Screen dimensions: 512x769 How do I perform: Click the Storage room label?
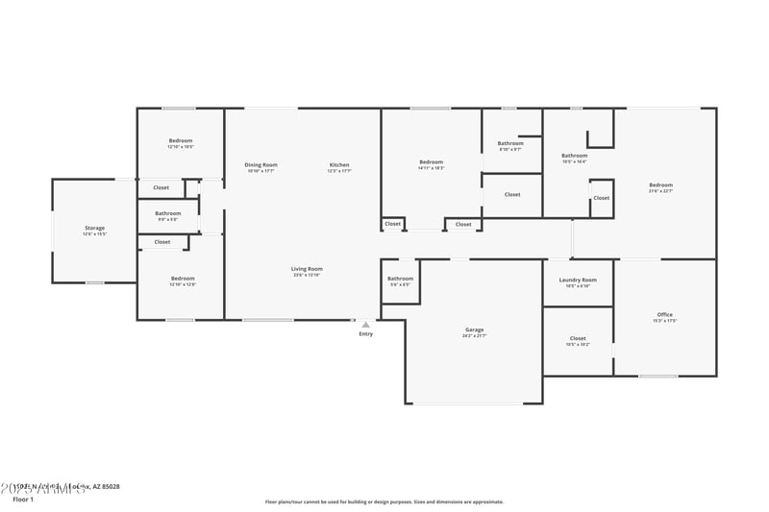(94, 228)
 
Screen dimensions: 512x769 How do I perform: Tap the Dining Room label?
(260, 164)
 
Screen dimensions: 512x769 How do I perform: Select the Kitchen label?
(339, 164)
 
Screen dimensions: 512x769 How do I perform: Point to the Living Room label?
(308, 269)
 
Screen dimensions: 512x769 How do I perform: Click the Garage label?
(475, 329)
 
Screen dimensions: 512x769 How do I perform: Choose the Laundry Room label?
(578, 280)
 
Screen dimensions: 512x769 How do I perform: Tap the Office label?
(664, 314)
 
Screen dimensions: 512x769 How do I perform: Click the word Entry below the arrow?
(365, 334)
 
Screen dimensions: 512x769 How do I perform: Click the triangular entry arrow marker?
(365, 325)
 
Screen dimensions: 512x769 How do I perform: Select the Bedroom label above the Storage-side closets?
(181, 141)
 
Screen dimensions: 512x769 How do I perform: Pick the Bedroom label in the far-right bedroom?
(660, 184)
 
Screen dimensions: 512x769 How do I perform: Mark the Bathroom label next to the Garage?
(400, 279)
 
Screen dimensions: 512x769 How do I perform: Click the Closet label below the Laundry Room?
(578, 338)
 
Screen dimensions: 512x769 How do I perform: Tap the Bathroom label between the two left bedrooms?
(168, 212)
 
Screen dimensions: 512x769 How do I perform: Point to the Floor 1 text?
(22, 500)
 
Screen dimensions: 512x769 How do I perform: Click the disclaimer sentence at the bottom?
(384, 501)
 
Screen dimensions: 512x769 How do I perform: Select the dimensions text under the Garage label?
(475, 336)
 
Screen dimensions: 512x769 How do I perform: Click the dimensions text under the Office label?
(664, 321)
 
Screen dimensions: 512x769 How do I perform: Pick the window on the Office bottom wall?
(658, 376)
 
